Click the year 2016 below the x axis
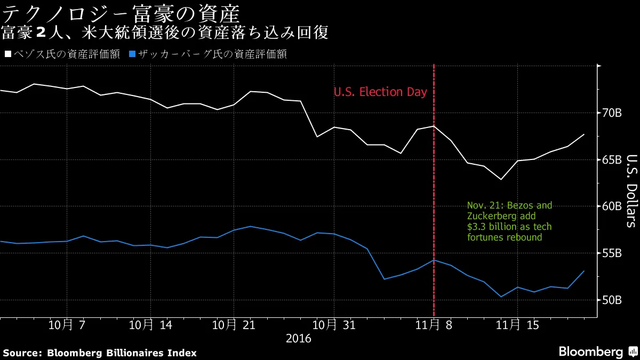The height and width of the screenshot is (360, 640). pyautogui.click(x=299, y=338)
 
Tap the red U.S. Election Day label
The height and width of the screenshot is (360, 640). pyautogui.click(x=380, y=92)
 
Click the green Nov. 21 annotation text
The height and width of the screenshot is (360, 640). pyautogui.click(x=509, y=221)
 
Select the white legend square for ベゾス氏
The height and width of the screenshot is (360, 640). pyautogui.click(x=7, y=54)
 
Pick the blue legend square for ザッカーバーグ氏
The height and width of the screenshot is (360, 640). pyautogui.click(x=133, y=54)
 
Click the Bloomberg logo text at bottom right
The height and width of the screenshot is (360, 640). pyautogui.click(x=590, y=352)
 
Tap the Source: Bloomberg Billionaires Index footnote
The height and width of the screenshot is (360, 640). pyautogui.click(x=100, y=353)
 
